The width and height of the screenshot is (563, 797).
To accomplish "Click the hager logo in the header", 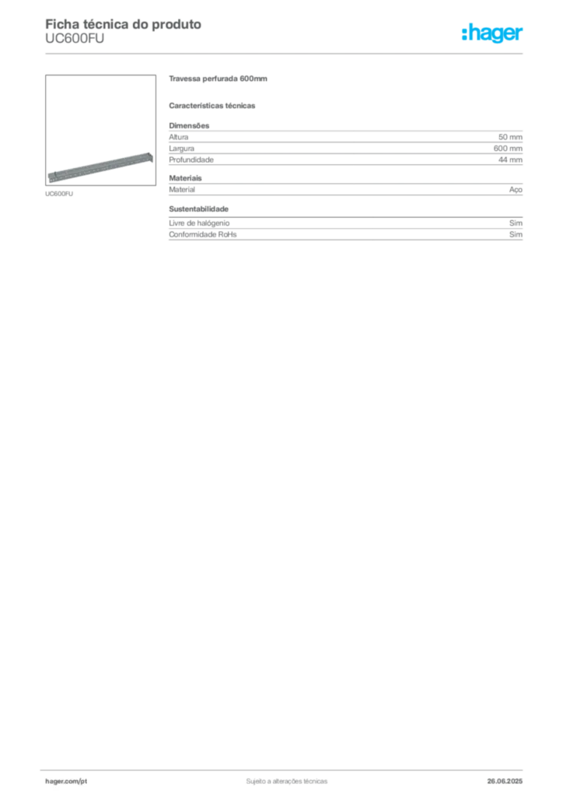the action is coord(492,33).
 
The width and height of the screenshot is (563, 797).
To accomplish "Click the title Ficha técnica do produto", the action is coord(124,24).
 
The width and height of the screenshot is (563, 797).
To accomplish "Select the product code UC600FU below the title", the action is coord(75,39).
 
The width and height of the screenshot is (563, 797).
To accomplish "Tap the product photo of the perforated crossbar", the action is coord(100,130).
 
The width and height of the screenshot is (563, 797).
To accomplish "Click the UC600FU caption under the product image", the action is coord(59,194).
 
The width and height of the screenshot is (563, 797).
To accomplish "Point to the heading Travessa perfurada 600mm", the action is coord(218,79).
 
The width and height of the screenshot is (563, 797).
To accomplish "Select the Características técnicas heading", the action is coord(212,106).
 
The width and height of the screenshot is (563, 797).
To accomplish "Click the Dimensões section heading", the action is coord(189,125).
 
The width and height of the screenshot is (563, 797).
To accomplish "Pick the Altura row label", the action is coord(179,137).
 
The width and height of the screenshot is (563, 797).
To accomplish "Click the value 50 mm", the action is coord(510,137).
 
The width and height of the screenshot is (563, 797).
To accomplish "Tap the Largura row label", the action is coord(182,149).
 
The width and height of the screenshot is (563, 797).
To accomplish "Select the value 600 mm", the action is coord(508,149).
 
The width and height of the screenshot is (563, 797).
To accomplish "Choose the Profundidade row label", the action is coord(191,160).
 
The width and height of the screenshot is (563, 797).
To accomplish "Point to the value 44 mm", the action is coord(510,160).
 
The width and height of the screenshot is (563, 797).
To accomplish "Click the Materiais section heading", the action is coord(185,178).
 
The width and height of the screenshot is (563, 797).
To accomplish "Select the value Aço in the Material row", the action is coord(516,190).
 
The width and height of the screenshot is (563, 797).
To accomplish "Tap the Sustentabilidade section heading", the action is coord(198,209).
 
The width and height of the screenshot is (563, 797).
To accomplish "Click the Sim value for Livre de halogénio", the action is coord(516,223).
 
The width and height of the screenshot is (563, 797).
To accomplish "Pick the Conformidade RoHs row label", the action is coord(202,234).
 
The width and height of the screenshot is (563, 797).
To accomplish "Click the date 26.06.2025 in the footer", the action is coord(505,781).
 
